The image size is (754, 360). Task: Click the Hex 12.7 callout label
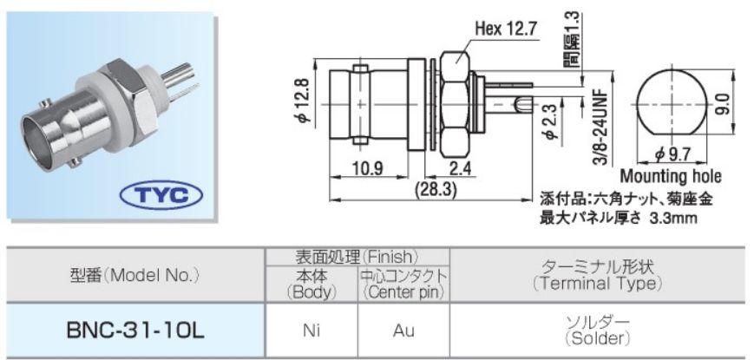(507, 29)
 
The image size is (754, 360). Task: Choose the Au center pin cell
(403, 331)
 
